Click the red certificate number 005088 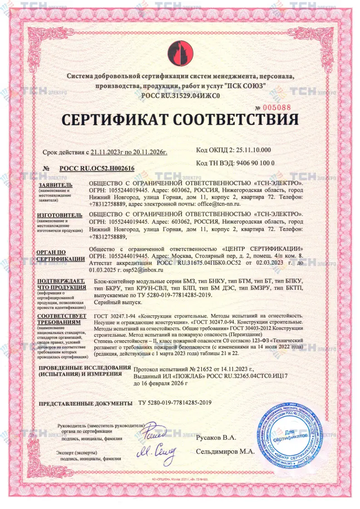click(x=276, y=108)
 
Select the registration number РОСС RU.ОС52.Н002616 click(x=96, y=168)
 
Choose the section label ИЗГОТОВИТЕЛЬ click(x=59, y=215)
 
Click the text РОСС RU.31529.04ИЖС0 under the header click(x=180, y=95)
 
